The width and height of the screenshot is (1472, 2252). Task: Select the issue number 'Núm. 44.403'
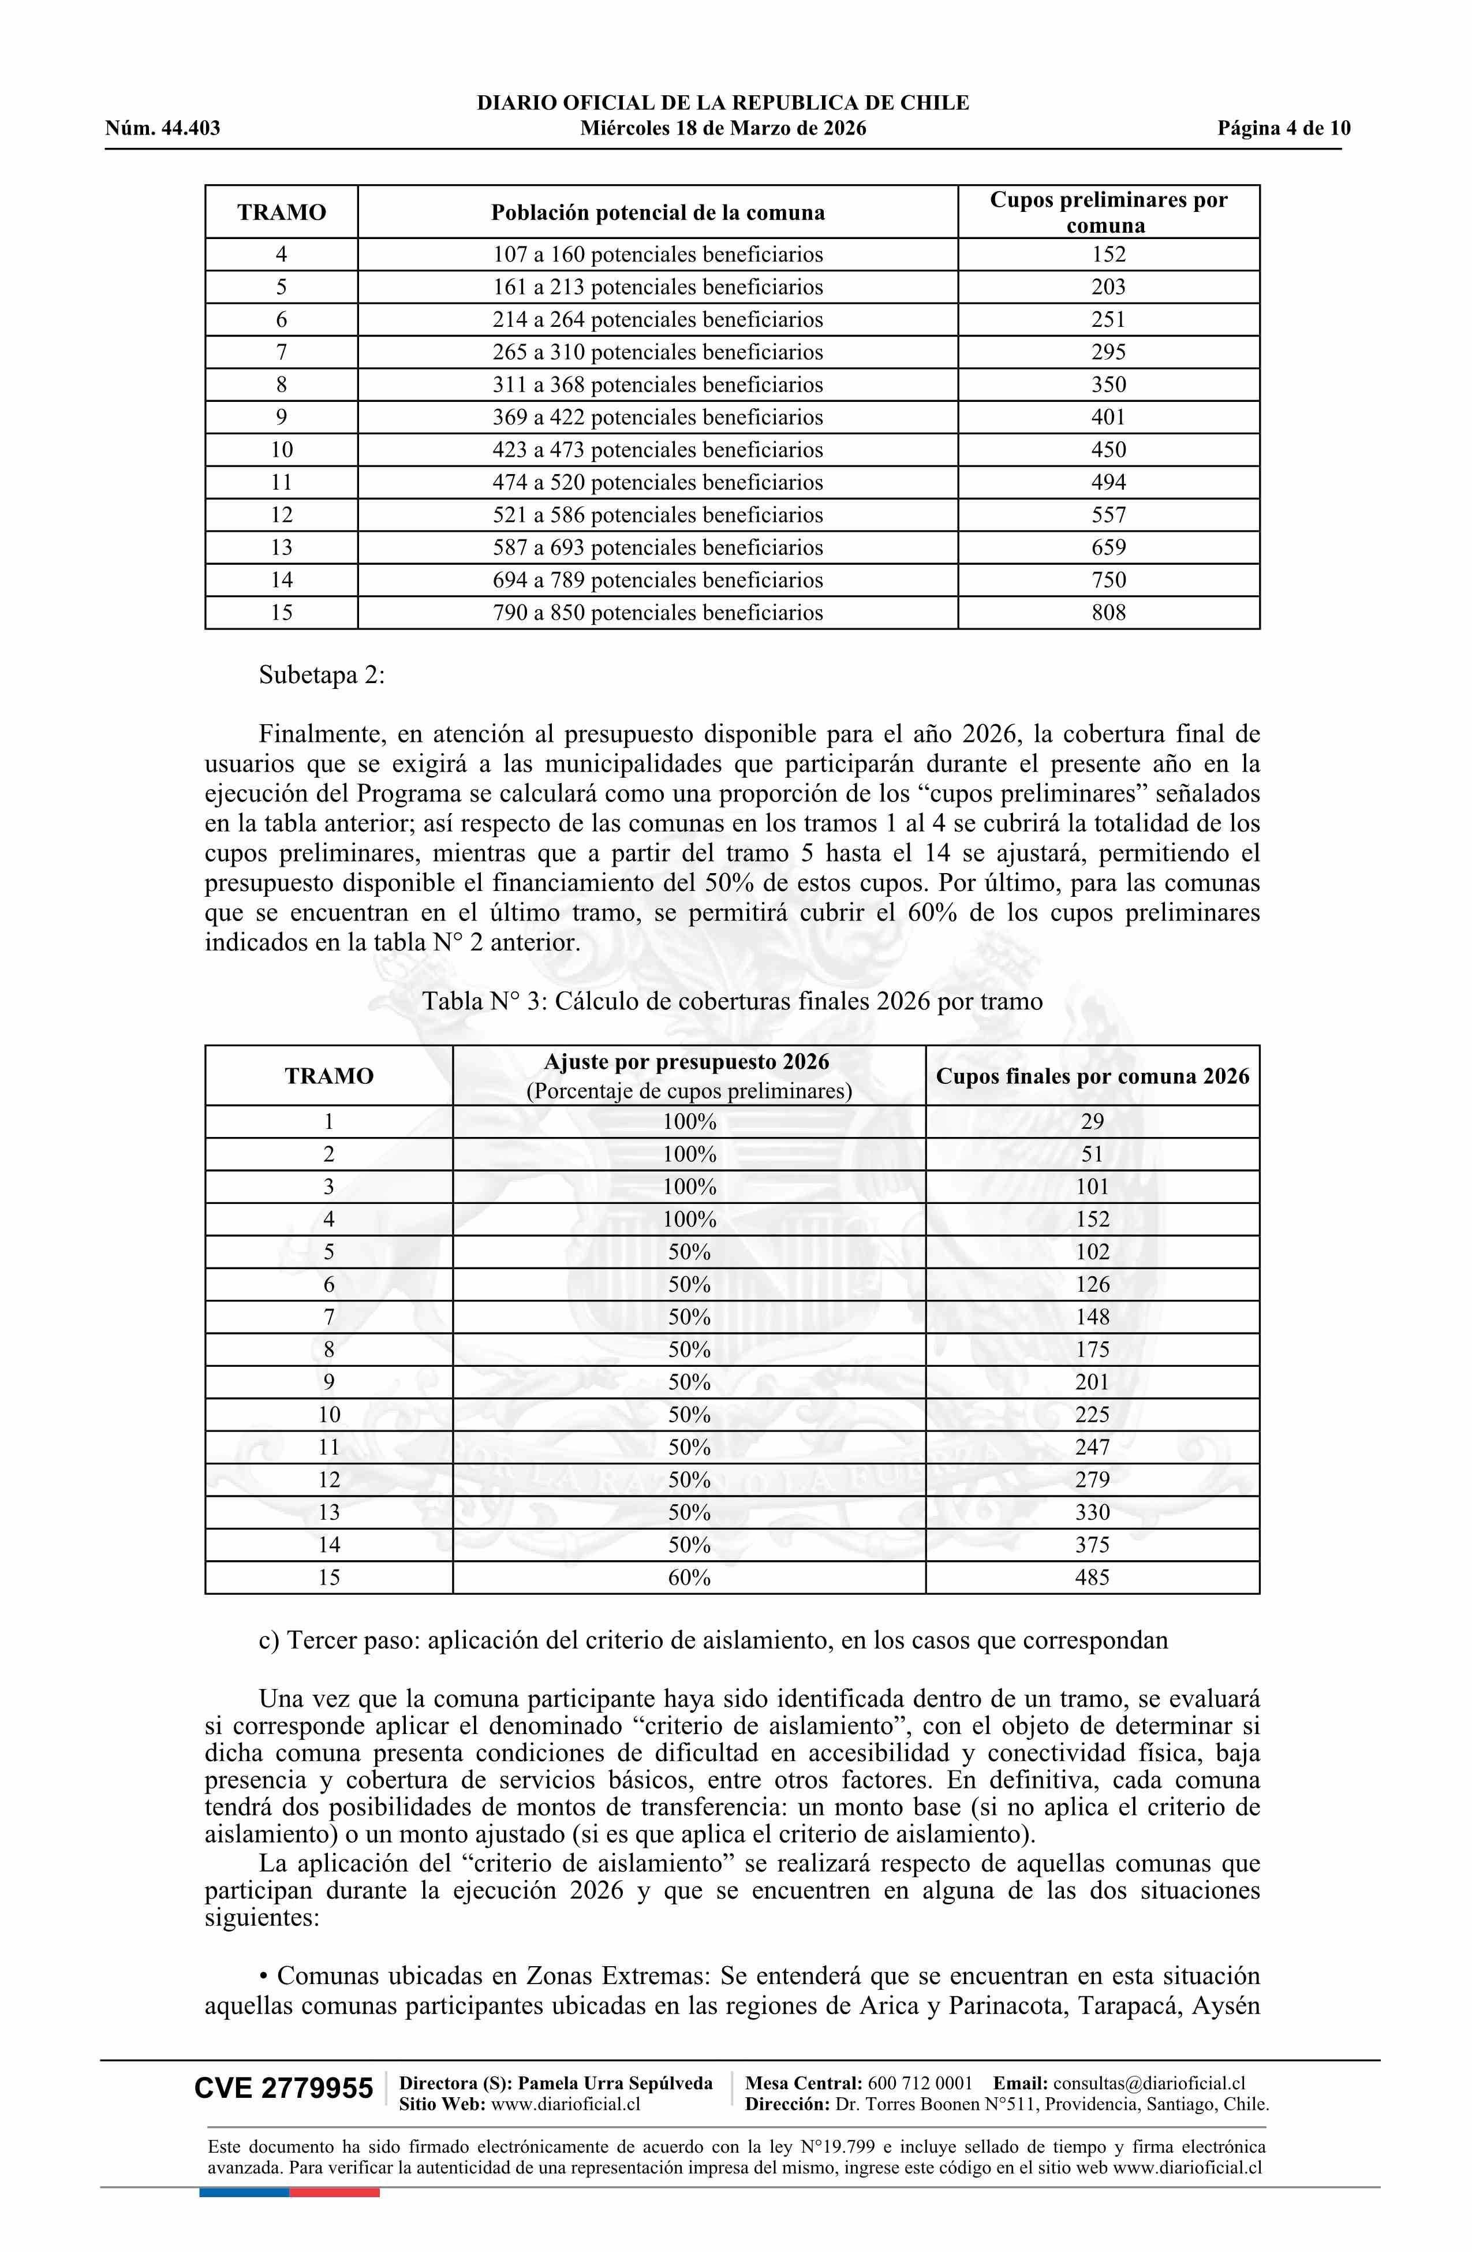(x=163, y=129)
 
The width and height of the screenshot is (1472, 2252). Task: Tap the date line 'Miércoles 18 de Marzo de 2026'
(x=723, y=129)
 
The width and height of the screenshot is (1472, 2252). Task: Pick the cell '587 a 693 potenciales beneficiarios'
(x=657, y=547)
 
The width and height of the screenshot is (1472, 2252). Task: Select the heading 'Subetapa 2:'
(x=322, y=676)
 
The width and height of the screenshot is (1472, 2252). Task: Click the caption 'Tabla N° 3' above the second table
(x=732, y=1001)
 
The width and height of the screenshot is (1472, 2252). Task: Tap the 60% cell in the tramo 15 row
(x=689, y=1578)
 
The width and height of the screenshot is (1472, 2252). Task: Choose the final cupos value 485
(x=1092, y=1578)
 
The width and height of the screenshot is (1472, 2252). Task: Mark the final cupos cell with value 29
(x=1092, y=1121)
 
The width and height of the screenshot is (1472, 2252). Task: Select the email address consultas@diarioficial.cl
(x=1149, y=2083)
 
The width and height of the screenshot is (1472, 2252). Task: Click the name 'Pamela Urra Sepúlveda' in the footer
(x=615, y=2083)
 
